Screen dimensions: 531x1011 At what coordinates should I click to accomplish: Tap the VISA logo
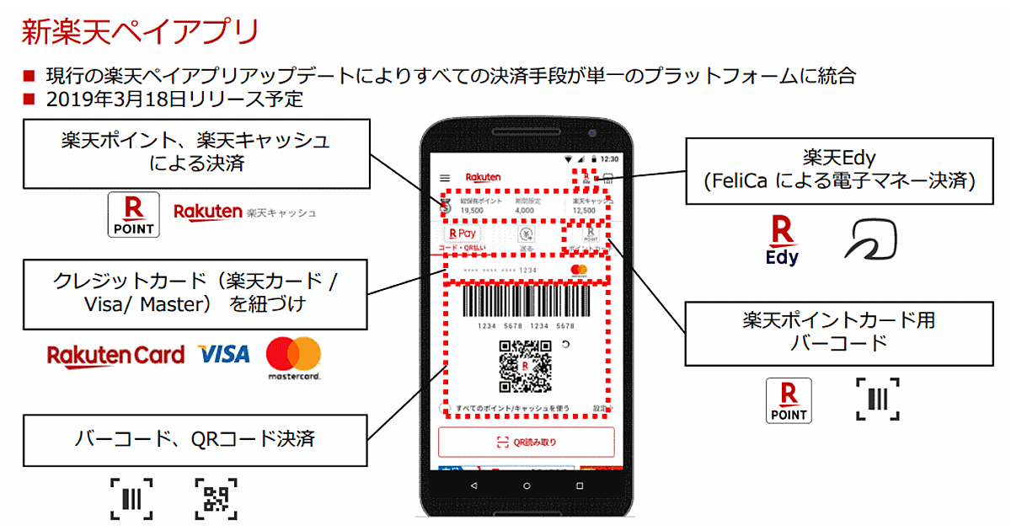click(x=224, y=354)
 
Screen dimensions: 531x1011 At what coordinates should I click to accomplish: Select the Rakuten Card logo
click(x=115, y=355)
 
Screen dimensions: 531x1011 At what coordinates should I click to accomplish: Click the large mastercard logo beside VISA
click(x=293, y=356)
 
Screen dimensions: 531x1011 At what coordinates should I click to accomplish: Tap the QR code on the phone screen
click(x=524, y=365)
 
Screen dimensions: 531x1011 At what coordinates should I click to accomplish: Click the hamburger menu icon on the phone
click(x=445, y=178)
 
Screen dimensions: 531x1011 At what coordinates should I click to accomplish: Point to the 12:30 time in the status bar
click(x=609, y=158)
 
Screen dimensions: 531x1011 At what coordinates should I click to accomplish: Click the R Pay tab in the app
click(x=463, y=233)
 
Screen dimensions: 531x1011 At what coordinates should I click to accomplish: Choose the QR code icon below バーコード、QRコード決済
click(x=216, y=498)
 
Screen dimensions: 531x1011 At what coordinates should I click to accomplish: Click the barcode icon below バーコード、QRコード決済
click(x=131, y=498)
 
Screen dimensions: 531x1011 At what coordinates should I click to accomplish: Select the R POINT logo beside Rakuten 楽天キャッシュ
click(x=134, y=214)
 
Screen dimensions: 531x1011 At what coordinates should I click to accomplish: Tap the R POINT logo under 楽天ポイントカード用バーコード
click(x=789, y=400)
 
